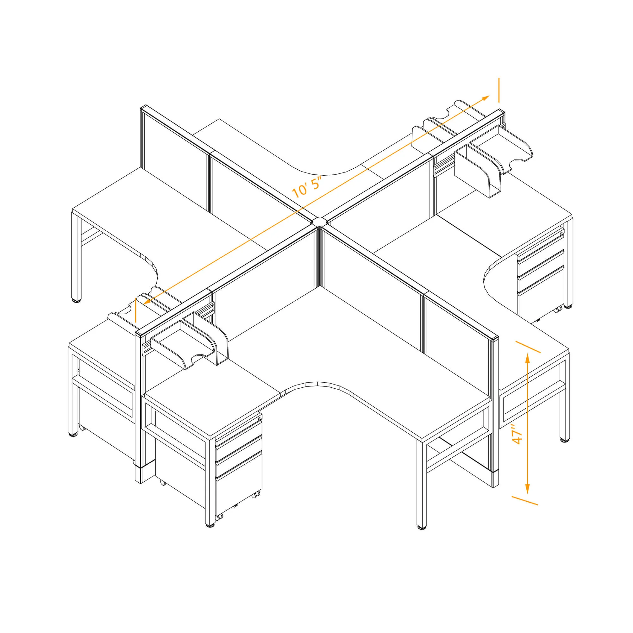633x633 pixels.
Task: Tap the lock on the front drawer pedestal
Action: [x=259, y=418]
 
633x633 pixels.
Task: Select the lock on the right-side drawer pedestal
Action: [x=561, y=232]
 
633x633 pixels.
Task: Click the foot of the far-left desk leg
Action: [x=76, y=300]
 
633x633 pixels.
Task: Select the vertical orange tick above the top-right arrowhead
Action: [x=499, y=90]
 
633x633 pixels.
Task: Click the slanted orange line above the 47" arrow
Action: [x=528, y=347]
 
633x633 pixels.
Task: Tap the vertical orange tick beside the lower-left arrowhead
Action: [x=136, y=310]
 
